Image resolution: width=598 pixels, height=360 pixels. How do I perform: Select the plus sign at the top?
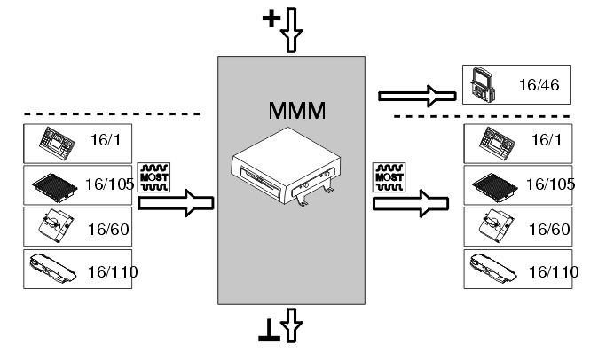point(271,19)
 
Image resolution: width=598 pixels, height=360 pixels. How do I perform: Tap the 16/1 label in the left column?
point(105,142)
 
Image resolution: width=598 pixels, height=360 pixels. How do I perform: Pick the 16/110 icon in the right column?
point(495,267)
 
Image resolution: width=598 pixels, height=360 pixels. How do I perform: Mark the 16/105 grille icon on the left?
point(55,184)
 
